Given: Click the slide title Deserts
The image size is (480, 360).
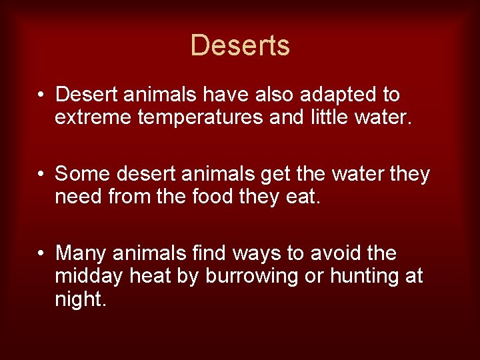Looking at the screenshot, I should pos(240,45).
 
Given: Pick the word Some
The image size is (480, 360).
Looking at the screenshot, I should pos(83,175).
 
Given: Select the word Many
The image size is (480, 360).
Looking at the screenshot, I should pos(83,254).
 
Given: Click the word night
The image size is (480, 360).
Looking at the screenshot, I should pos(79,299).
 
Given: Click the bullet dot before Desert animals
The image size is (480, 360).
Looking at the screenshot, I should pos(41,95).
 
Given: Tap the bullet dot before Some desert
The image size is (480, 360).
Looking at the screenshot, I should pos(41,175).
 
